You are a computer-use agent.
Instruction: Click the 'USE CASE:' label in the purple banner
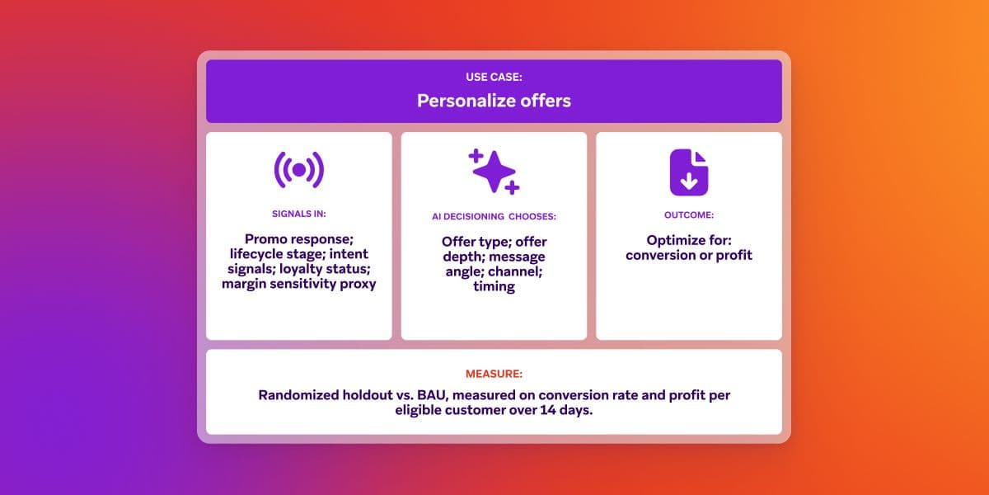tap(494, 78)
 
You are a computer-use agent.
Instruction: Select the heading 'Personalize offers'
tap(494, 101)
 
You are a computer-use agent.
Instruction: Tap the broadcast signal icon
tap(298, 170)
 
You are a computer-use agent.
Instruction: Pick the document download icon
tap(688, 172)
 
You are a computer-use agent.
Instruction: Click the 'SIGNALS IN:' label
tap(298, 214)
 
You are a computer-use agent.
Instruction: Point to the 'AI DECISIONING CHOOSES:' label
tap(494, 216)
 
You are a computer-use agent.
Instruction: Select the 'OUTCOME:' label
tap(688, 214)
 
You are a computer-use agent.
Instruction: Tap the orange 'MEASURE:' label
tap(494, 372)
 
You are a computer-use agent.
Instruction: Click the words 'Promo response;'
tap(298, 239)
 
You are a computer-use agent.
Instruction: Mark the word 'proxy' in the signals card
tap(356, 284)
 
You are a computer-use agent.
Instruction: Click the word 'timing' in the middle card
tap(494, 286)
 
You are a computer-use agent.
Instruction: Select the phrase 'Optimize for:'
tap(688, 240)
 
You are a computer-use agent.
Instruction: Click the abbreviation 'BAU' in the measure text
tap(434, 395)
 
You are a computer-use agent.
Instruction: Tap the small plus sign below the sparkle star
tap(512, 188)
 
